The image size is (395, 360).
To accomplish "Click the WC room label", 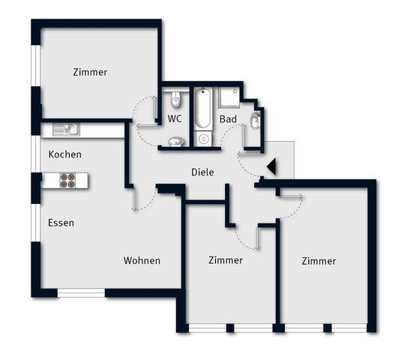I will point(175,118).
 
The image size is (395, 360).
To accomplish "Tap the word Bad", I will point(228,119).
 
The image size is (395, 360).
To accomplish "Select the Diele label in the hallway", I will point(202,172).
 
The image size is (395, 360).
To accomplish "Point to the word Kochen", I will point(64,154).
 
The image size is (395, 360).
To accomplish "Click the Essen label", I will point(61,223).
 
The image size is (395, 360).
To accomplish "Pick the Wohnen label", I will point(142,260).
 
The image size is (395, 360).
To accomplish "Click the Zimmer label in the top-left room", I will point(90,73).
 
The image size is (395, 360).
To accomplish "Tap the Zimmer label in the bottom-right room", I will point(319,261).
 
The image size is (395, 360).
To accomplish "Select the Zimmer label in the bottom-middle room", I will point(225,260).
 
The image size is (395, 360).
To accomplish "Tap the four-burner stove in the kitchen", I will point(67,180).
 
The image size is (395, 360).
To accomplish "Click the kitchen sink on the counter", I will point(70,130).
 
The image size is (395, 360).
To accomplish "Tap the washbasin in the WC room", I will point(176,140).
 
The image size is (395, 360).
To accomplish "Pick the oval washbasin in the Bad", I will point(255,121).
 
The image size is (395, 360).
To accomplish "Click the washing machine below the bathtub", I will point(204,138).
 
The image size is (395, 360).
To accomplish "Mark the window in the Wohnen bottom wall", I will point(82,292).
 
